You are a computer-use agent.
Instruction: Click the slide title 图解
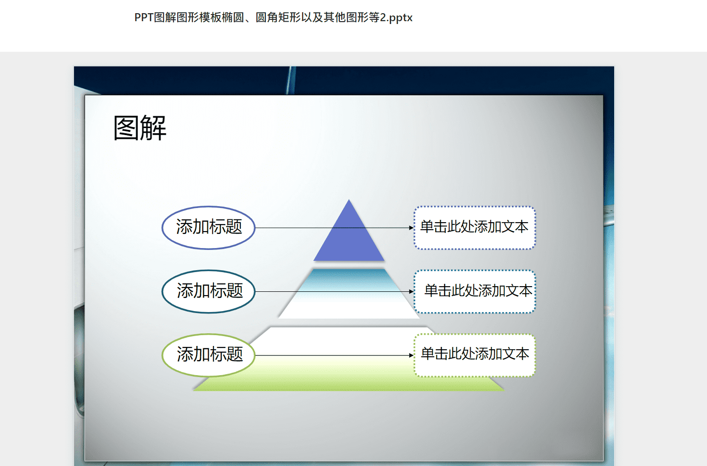tap(140, 128)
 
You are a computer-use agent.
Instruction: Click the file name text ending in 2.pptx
tap(273, 17)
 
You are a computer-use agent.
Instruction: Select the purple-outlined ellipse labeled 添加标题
tap(208, 228)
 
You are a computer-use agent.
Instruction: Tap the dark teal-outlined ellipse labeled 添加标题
tap(208, 292)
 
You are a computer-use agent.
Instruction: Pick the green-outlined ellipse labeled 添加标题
tap(208, 355)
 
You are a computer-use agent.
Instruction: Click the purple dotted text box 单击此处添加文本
tap(475, 228)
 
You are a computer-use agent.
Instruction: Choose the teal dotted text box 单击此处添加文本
tap(475, 292)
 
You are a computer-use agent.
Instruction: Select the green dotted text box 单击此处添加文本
tap(475, 355)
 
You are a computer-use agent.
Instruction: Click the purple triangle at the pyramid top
tap(349, 240)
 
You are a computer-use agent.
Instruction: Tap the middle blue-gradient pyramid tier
tap(349, 293)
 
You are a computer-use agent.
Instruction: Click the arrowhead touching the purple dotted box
tap(411, 228)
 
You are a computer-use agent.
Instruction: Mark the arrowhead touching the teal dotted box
tap(411, 292)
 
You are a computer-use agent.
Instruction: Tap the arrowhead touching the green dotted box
tap(411, 355)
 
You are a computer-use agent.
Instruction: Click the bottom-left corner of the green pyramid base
tap(193, 391)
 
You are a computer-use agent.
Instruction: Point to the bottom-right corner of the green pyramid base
tap(504, 391)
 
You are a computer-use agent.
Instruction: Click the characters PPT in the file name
tap(144, 17)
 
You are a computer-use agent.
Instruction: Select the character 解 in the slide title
tap(153, 128)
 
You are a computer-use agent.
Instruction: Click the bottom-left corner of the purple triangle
tap(313, 261)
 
